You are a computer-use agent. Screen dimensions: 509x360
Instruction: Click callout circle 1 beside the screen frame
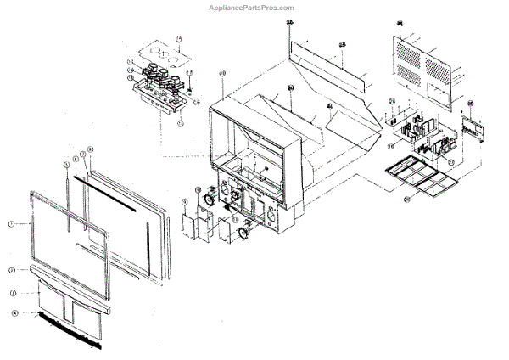pyautogui.click(x=11, y=223)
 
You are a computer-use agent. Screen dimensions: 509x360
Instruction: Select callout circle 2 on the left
pyautogui.click(x=12, y=270)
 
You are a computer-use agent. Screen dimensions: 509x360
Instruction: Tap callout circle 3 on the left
pyautogui.click(x=13, y=293)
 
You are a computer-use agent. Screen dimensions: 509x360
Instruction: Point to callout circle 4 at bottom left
pyautogui.click(x=14, y=313)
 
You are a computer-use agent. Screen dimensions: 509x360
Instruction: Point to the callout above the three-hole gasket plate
pyautogui.click(x=179, y=38)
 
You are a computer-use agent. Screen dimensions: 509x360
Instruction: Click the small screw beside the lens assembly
pyautogui.click(x=190, y=88)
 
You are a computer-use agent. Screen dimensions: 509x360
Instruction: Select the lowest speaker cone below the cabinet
pyautogui.click(x=243, y=230)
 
